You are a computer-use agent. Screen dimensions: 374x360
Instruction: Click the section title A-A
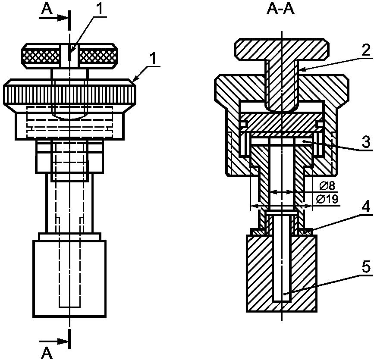(x=280, y=10)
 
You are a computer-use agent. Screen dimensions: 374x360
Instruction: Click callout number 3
(x=366, y=142)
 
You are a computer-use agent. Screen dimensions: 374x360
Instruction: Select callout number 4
(x=365, y=207)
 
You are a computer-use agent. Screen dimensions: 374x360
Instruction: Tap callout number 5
(x=366, y=267)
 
